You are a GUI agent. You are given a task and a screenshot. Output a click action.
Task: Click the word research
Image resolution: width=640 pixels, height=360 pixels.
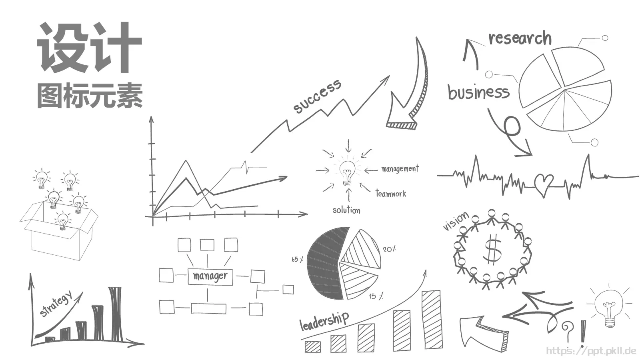coord(520,38)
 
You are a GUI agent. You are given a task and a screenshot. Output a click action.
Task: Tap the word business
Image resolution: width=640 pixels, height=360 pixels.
coord(478,92)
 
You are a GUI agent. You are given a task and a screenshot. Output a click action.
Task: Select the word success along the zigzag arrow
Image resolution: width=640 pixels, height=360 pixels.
coord(317,96)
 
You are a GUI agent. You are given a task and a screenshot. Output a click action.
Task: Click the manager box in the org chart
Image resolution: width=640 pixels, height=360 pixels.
coord(210,276)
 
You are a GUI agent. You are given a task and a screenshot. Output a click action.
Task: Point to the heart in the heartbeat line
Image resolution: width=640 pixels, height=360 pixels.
coord(544,184)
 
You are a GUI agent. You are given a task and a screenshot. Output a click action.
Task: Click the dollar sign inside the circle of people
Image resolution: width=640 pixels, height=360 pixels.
coord(492,248)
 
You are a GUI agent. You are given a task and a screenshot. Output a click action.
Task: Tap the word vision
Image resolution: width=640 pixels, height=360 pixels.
coord(456,220)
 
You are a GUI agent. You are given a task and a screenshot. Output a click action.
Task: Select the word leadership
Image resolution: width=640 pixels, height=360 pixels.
coord(324,321)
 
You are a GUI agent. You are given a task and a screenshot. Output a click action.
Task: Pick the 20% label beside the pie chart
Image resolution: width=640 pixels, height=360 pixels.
coord(390,249)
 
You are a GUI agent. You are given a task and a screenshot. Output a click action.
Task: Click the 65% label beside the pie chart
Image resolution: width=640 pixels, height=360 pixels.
coord(297,259)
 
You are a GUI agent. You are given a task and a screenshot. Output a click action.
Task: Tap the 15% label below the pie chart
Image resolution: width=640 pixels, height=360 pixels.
coord(376,296)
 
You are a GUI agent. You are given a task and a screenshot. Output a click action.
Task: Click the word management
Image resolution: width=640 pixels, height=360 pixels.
coord(400,168)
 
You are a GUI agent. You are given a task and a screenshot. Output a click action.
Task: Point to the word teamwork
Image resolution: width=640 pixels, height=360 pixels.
coord(391,194)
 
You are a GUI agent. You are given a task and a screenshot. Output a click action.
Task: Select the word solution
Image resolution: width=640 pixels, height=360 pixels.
coord(346,210)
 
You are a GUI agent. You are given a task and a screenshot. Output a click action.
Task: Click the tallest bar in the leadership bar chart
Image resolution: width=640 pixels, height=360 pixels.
coord(432,320)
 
